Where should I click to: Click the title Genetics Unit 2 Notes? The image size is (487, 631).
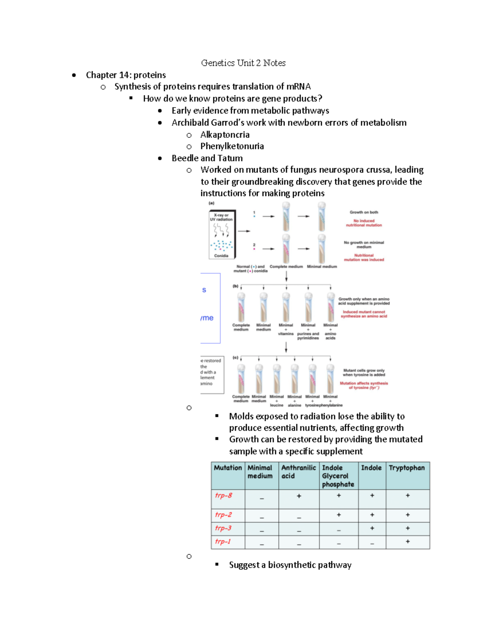click(243, 63)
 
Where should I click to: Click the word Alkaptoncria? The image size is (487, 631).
click(225, 135)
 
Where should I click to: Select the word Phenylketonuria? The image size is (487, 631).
click(232, 146)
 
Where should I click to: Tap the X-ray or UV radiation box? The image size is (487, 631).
click(222, 234)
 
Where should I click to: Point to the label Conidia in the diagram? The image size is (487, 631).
click(221, 256)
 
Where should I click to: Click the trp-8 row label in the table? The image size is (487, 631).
click(224, 495)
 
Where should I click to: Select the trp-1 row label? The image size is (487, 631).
click(223, 541)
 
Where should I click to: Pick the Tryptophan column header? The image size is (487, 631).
click(407, 468)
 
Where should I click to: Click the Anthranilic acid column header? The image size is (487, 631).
click(298, 472)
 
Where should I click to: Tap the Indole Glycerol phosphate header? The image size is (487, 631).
click(338, 476)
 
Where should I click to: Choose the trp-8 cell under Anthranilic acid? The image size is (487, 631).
click(299, 496)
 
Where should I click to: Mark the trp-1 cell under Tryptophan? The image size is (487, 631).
click(407, 542)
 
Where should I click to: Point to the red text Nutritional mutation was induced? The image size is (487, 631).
click(364, 258)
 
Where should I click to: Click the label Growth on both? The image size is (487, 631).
click(364, 212)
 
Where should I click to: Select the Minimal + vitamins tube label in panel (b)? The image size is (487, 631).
click(286, 329)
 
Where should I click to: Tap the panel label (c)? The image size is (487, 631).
click(235, 358)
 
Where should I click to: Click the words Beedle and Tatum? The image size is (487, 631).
click(207, 158)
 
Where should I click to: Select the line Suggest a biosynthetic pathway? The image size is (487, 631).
click(290, 565)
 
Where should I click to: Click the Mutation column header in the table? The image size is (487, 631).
click(228, 468)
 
